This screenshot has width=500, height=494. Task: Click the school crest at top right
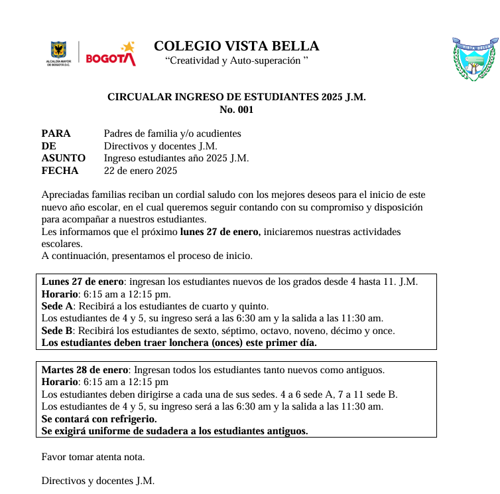(x=474, y=59)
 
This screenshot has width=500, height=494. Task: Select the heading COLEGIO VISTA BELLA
(x=236, y=46)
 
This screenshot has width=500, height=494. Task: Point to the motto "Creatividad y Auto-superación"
(x=236, y=61)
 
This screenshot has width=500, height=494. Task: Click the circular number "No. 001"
(x=236, y=110)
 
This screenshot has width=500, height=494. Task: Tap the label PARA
(x=56, y=133)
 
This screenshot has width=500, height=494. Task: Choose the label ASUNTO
(x=63, y=158)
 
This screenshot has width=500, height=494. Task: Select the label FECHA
(x=60, y=171)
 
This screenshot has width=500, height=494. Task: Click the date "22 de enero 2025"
(x=141, y=171)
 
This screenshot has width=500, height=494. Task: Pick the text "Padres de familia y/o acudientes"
(x=172, y=133)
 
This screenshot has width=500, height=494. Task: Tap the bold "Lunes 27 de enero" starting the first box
(x=83, y=282)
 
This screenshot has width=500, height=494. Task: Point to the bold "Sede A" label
(x=57, y=306)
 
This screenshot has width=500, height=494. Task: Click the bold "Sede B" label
(x=57, y=331)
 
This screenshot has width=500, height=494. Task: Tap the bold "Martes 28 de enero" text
(x=86, y=370)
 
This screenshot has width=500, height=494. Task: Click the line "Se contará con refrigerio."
(x=99, y=419)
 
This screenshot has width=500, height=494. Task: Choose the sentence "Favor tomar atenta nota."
(x=93, y=457)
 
